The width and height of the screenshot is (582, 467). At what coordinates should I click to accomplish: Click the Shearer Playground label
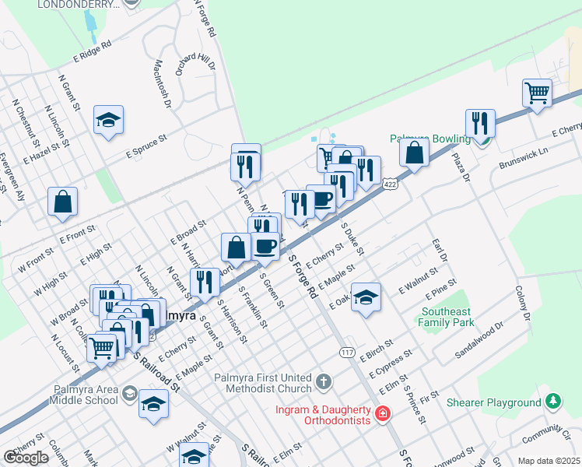tap(493, 403)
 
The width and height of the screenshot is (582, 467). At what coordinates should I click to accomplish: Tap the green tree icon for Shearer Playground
tap(553, 402)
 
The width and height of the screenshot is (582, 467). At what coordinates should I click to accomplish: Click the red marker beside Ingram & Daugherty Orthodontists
tap(382, 413)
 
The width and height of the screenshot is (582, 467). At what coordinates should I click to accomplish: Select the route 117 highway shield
tap(348, 353)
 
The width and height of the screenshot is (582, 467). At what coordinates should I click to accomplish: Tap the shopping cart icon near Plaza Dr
tap(537, 93)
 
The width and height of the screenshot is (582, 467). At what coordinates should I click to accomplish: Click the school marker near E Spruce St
tap(108, 120)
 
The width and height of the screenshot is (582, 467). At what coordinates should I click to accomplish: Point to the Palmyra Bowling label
tap(430, 139)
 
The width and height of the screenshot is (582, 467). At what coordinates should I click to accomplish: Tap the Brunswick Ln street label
tap(524, 153)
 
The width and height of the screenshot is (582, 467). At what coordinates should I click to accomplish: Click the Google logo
tap(26, 457)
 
